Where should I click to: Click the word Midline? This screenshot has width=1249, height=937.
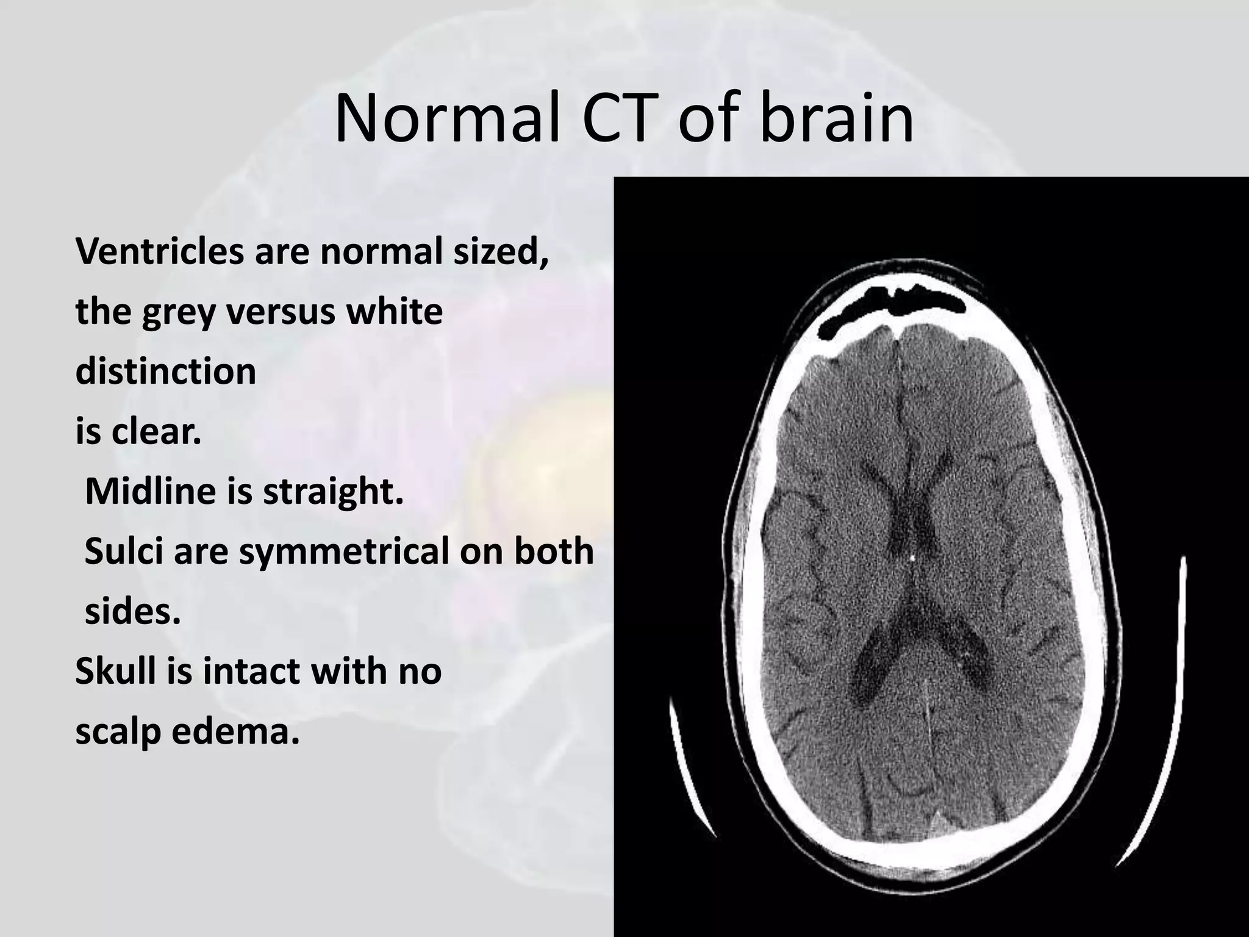[150, 491]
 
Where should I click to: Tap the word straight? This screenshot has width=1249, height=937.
[333, 491]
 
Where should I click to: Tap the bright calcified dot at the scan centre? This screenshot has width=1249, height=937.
[912, 557]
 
